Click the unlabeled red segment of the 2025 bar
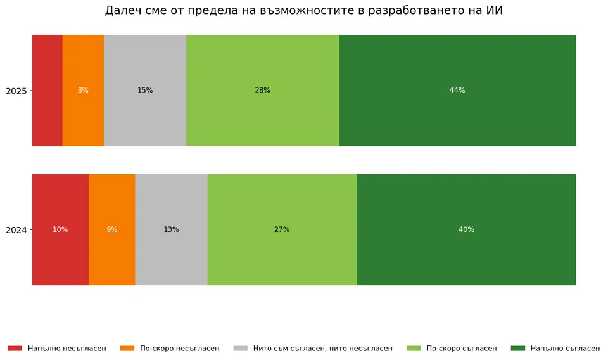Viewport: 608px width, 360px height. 47,91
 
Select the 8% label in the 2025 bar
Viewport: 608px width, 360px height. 83,91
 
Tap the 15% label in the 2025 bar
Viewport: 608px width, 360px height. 145,91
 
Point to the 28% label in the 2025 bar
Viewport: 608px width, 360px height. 262,91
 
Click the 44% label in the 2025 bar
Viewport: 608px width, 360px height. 457,91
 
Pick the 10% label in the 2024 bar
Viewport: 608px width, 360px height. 60,229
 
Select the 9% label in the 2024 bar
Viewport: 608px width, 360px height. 112,229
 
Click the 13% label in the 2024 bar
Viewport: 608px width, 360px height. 171,229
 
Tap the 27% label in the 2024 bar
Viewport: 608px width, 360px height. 282,229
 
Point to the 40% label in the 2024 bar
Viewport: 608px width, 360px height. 466,229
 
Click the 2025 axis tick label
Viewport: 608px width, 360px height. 16,91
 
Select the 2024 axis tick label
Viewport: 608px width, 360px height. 16,230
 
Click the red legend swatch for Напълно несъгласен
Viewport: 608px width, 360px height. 15,349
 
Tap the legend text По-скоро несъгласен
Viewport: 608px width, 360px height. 179,349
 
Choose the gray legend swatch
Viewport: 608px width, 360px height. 241,349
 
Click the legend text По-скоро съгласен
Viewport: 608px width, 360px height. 462,349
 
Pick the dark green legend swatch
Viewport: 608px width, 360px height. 517,349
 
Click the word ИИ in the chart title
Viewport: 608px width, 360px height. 495,11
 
